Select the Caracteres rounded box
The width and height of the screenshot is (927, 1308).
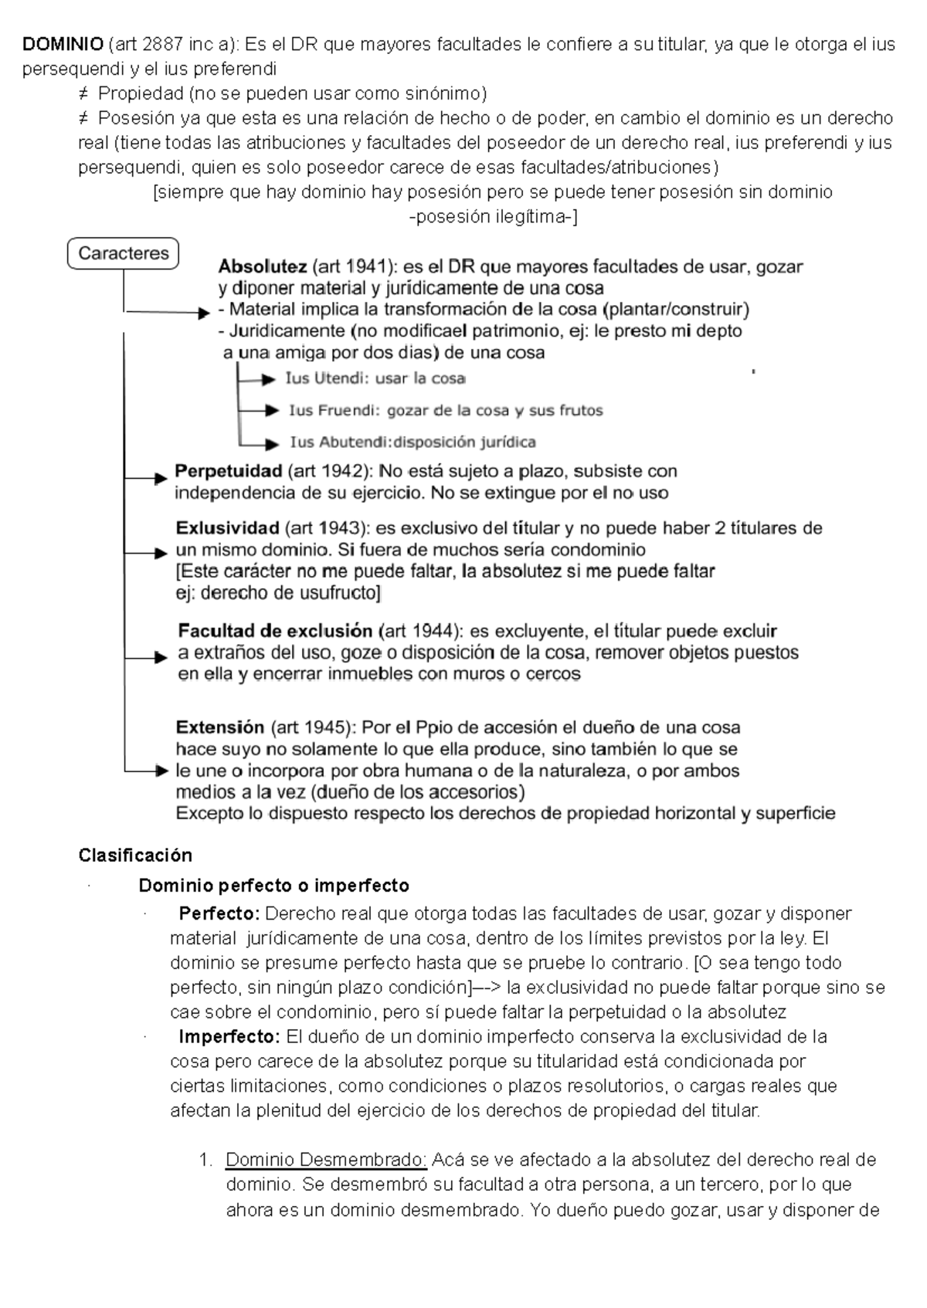pyautogui.click(x=124, y=253)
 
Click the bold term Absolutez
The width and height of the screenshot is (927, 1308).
pyautogui.click(x=263, y=267)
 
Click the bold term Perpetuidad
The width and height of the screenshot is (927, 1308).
pyautogui.click(x=228, y=471)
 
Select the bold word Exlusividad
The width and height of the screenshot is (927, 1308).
pyautogui.click(x=227, y=529)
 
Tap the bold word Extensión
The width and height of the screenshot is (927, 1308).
pyautogui.click(x=220, y=727)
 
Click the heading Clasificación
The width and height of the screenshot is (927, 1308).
pyautogui.click(x=135, y=856)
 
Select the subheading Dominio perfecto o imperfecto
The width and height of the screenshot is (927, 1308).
pyautogui.click(x=273, y=885)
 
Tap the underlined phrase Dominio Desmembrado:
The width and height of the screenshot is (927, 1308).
pyautogui.click(x=326, y=1160)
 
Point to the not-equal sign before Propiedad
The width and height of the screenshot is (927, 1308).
pyautogui.click(x=83, y=94)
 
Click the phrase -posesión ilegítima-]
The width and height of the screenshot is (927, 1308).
pyautogui.click(x=493, y=217)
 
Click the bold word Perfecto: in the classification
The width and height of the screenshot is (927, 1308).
pyautogui.click(x=219, y=914)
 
